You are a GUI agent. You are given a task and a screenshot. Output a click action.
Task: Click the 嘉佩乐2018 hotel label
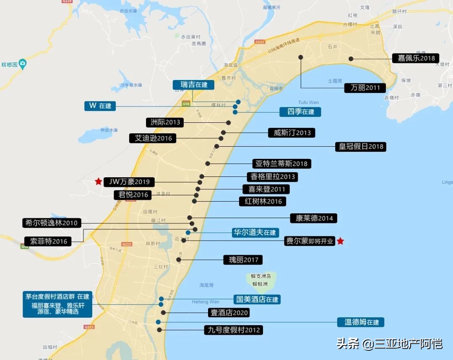(416, 58)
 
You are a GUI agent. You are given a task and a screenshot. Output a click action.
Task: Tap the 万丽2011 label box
(365, 88)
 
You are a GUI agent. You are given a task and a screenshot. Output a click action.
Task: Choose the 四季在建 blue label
(300, 112)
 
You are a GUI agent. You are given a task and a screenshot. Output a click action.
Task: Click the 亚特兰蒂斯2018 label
(282, 163)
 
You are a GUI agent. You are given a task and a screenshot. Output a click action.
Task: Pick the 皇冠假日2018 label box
(360, 147)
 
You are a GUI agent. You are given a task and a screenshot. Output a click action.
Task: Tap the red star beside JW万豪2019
(98, 181)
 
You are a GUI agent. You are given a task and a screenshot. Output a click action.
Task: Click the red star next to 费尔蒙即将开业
(341, 241)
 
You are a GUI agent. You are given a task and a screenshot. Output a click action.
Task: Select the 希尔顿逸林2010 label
(52, 223)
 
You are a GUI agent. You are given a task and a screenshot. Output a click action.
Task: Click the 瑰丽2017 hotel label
(243, 260)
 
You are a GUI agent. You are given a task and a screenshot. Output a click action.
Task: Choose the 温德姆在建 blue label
(361, 322)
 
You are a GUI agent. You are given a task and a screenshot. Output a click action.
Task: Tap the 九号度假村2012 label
(233, 330)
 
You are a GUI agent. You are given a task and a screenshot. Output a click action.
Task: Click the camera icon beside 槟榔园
(23, 64)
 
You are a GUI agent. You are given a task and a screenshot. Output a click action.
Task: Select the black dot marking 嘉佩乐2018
(351, 59)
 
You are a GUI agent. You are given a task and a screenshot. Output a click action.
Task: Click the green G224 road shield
(67, 2)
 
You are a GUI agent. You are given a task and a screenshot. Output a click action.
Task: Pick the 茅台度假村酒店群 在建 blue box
(57, 305)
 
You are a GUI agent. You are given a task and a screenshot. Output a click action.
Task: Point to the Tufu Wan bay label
(308, 102)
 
